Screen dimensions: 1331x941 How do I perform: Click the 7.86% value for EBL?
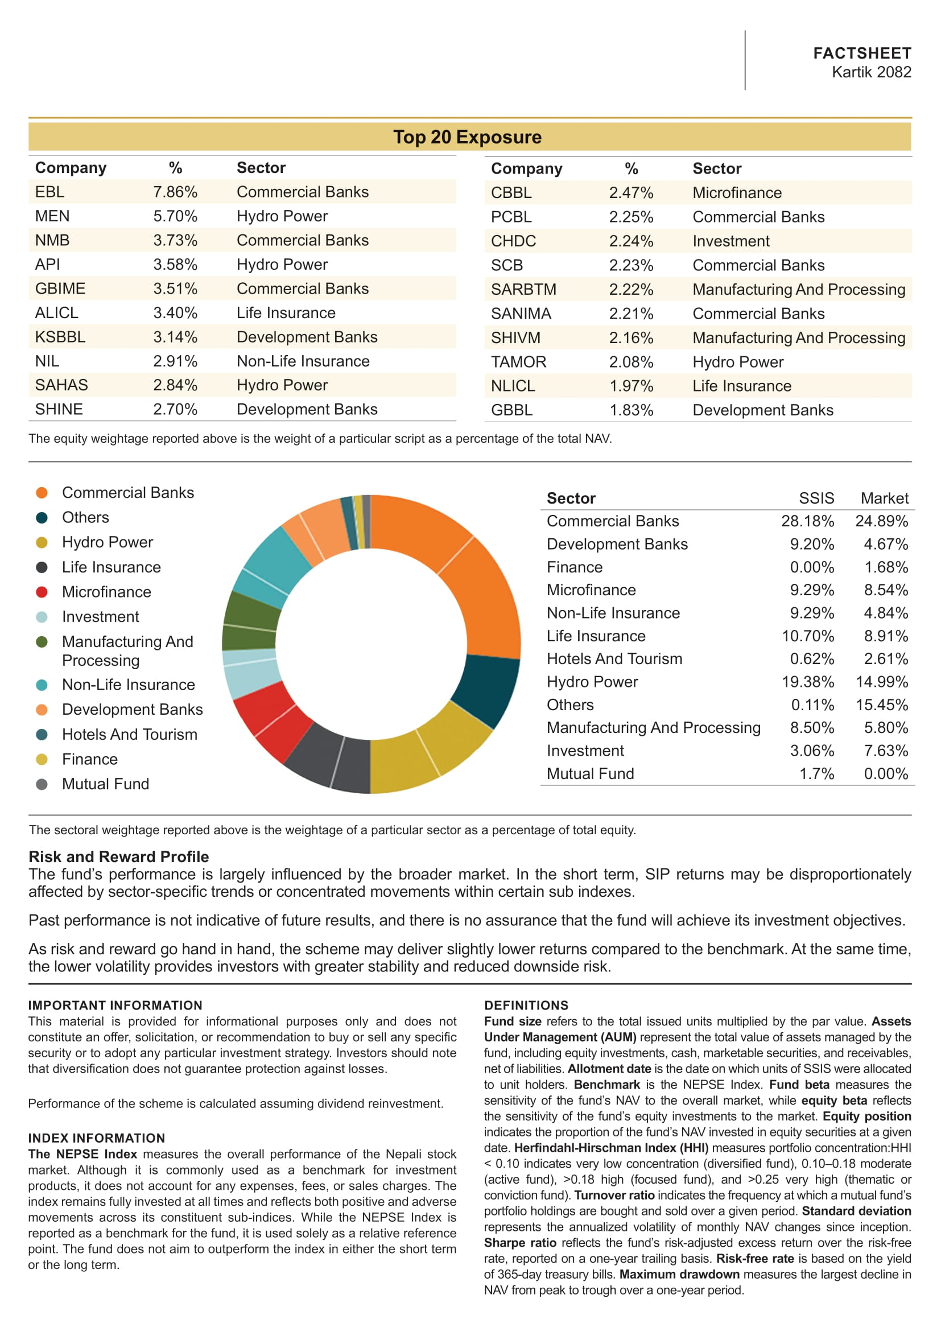[x=175, y=192]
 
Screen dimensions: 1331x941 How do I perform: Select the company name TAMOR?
[x=518, y=362]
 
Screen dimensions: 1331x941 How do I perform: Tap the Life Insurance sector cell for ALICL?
[x=286, y=313]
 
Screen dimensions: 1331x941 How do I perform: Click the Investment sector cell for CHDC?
[x=730, y=241]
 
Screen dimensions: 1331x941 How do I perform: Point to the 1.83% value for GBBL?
[x=630, y=410]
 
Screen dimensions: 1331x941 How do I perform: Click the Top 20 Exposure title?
[x=467, y=137]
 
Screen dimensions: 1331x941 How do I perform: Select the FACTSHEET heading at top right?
[x=861, y=53]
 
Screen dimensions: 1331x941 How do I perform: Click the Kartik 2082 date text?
[x=871, y=72]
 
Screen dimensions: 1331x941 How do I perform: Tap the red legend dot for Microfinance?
[x=42, y=592]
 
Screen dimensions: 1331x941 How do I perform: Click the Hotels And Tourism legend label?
[x=129, y=735]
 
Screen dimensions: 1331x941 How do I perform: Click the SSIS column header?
[x=816, y=498]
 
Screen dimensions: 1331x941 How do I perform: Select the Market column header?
[x=884, y=498]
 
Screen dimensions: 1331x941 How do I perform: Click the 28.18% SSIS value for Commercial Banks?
[x=807, y=521]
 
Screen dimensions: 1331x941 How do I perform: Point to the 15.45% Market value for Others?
[x=881, y=705]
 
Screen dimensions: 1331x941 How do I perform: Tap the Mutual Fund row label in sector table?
[x=590, y=774]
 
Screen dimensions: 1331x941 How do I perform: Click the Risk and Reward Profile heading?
[x=118, y=856]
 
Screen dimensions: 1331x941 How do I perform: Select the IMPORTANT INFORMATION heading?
[x=115, y=1005]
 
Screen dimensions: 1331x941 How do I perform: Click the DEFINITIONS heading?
[x=526, y=1005]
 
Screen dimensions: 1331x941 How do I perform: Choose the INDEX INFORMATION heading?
[x=97, y=1138]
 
